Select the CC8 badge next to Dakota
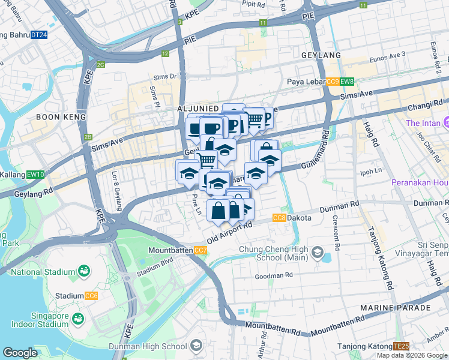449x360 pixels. pyautogui.click(x=279, y=218)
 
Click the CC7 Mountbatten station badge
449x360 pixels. pyautogui.click(x=201, y=249)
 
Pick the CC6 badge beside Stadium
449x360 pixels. pyautogui.click(x=91, y=296)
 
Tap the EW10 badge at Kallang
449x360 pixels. pyautogui.click(x=36, y=175)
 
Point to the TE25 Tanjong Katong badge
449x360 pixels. pyautogui.click(x=401, y=346)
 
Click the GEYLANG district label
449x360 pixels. pyautogui.click(x=321, y=55)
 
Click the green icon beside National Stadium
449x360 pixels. pyautogui.click(x=83, y=272)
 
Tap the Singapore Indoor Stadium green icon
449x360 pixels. pyautogui.click(x=77, y=319)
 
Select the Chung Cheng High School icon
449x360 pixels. pyautogui.click(x=316, y=253)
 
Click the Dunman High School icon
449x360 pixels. pyautogui.click(x=196, y=346)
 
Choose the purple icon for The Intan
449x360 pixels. pyautogui.click(x=447, y=123)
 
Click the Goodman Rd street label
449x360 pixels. pyautogui.click(x=273, y=275)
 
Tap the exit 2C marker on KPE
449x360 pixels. pyautogui.click(x=100, y=65)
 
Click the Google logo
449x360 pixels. pyautogui.click(x=20, y=353)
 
